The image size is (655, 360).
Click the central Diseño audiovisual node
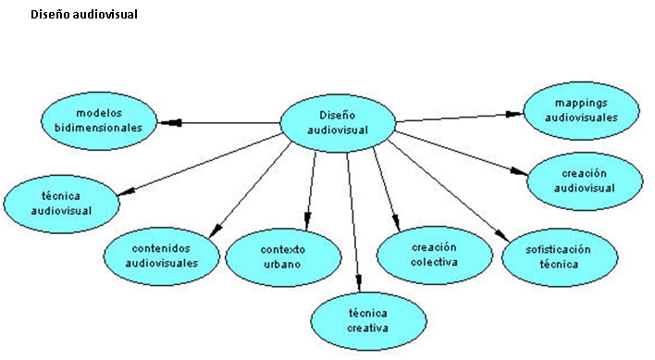pyautogui.click(x=338, y=122)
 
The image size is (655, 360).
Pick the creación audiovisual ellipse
pyautogui.click(x=585, y=180)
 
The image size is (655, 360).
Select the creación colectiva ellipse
pyautogui.click(x=435, y=254)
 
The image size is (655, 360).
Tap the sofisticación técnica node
pyautogui.click(x=558, y=256)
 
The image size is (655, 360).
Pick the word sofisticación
pyautogui.click(x=558, y=249)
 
